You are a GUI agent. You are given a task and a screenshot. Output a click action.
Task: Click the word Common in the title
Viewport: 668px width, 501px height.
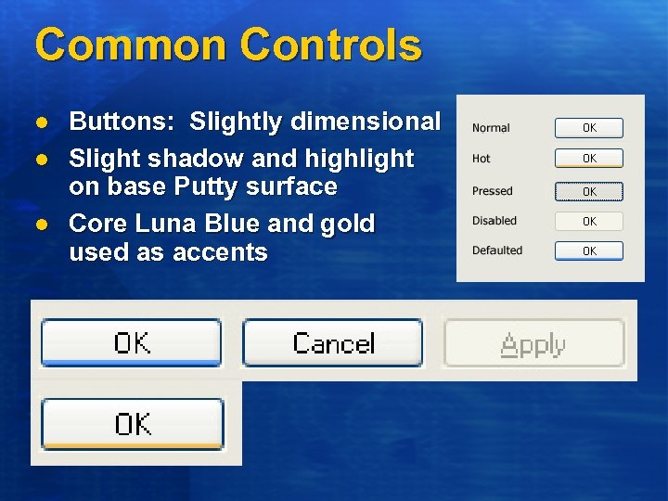pos(126,45)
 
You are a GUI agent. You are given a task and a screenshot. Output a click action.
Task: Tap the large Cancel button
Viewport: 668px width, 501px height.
pos(333,343)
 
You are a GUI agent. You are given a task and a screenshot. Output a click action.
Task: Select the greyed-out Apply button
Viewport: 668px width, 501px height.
pos(533,344)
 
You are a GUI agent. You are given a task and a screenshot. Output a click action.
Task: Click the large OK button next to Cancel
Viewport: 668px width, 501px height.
pos(132,343)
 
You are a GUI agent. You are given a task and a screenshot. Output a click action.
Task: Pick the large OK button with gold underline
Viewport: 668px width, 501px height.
pos(133,424)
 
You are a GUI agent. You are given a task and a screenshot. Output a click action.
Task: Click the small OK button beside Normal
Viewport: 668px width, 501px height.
pos(589,128)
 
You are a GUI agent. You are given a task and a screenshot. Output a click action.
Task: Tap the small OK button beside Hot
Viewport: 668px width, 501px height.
pos(589,159)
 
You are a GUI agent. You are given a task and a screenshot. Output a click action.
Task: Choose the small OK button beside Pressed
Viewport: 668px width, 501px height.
pos(589,192)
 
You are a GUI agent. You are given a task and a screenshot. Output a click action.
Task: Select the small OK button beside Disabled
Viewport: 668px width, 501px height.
pos(589,222)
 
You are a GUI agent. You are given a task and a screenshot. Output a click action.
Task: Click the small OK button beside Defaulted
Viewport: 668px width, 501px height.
pos(589,250)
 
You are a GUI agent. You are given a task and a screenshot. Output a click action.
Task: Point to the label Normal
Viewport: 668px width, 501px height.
pos(491,128)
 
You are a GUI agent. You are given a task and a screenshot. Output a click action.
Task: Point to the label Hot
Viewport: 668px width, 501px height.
pos(481,159)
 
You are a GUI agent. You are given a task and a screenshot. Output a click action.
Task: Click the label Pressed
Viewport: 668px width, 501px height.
pos(492,191)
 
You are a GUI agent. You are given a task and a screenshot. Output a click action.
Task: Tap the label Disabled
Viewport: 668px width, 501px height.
pos(494,221)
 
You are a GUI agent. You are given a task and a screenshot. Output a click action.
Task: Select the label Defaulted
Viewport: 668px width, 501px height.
pos(496,250)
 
